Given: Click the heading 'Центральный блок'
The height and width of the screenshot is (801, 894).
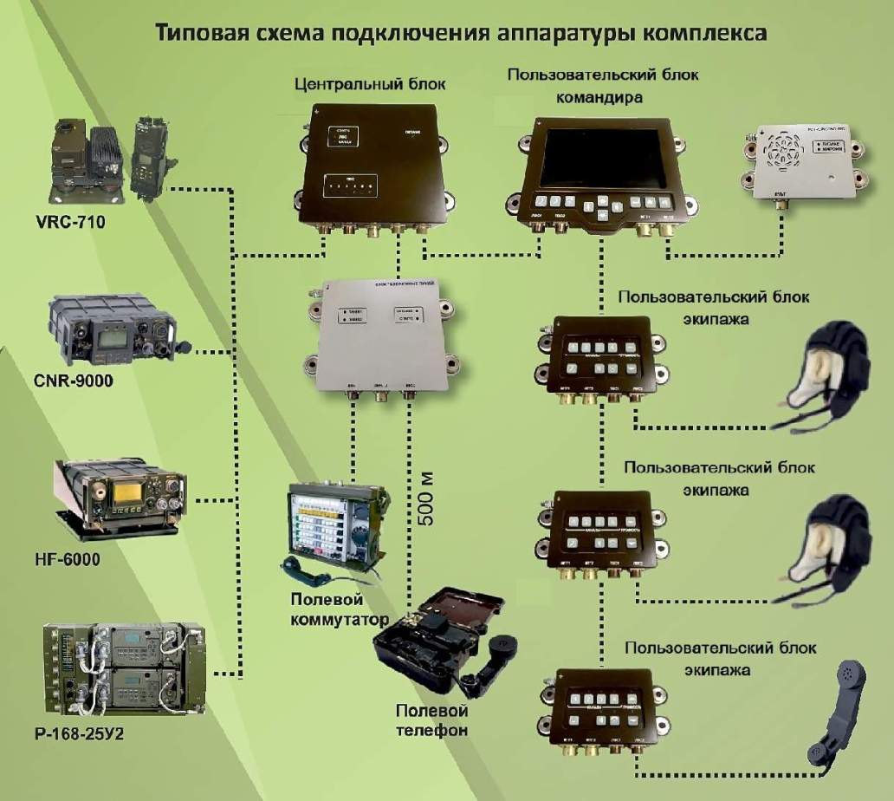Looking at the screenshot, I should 350,85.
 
